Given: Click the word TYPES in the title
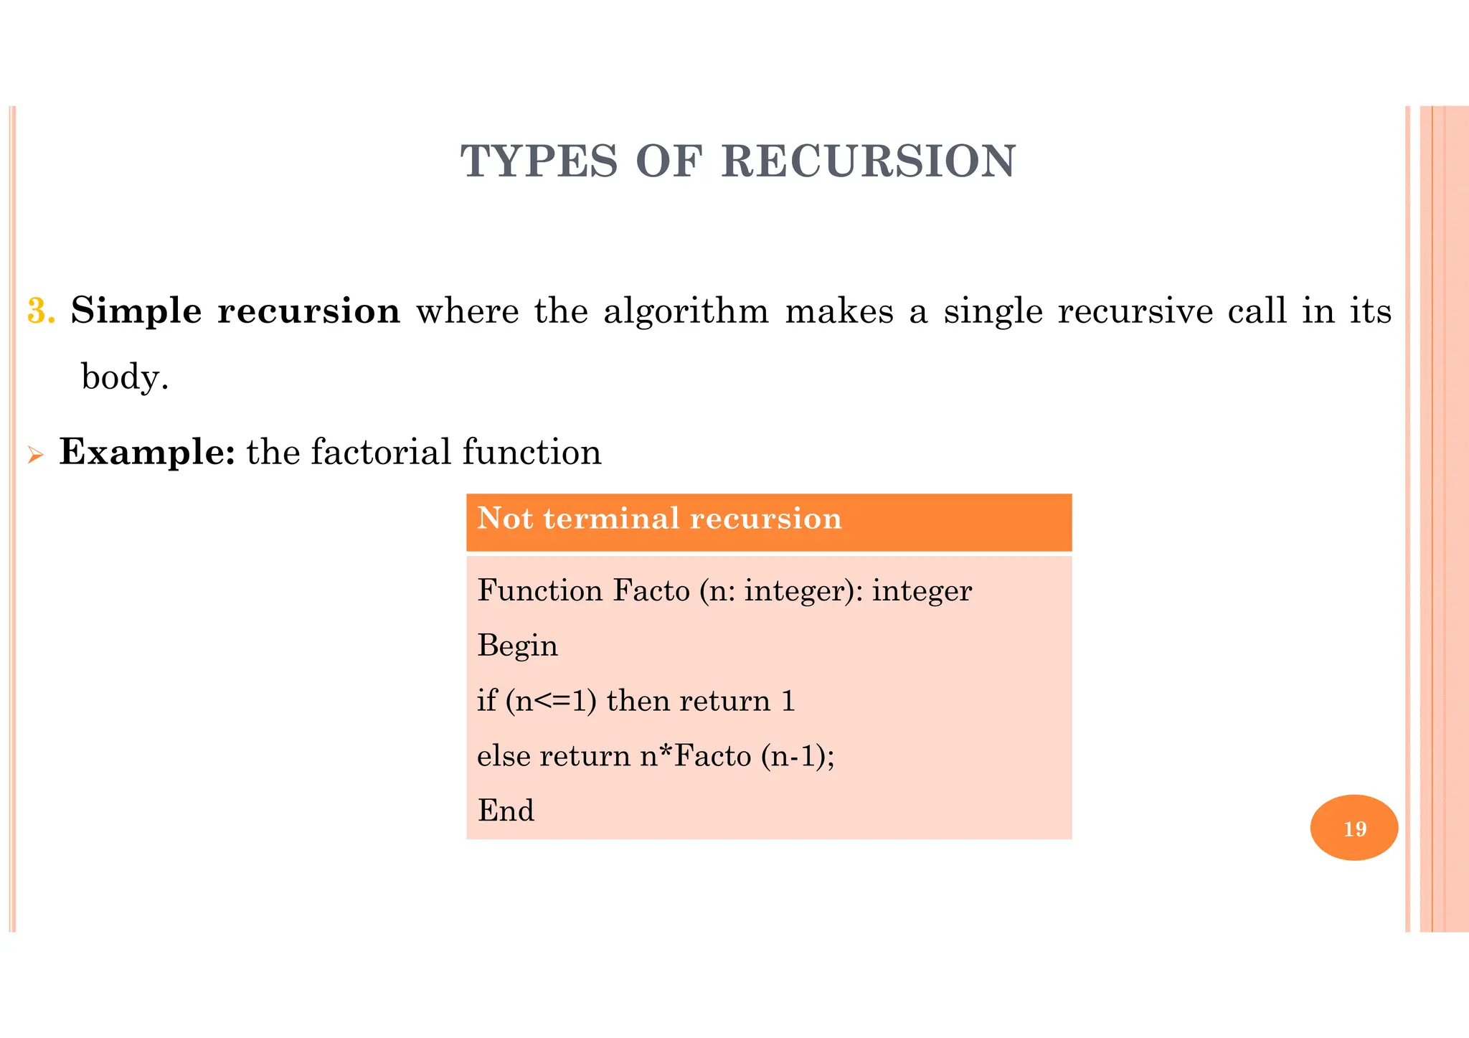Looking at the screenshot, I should [x=539, y=161].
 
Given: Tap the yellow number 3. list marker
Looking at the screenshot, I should [x=41, y=311].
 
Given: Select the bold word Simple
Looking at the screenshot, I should [x=136, y=311].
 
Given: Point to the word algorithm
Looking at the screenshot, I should [x=686, y=311].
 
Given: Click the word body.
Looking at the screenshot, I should [x=125, y=377].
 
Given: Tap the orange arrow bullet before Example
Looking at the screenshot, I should [x=35, y=455].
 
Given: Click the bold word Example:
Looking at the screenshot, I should [x=147, y=452].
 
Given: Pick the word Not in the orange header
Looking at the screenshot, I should [x=502, y=518].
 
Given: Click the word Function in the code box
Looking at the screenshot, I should [x=539, y=591].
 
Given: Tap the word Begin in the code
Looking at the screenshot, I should [x=517, y=646].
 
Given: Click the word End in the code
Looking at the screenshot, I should [x=506, y=811].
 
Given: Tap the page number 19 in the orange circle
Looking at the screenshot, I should [x=1354, y=829].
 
